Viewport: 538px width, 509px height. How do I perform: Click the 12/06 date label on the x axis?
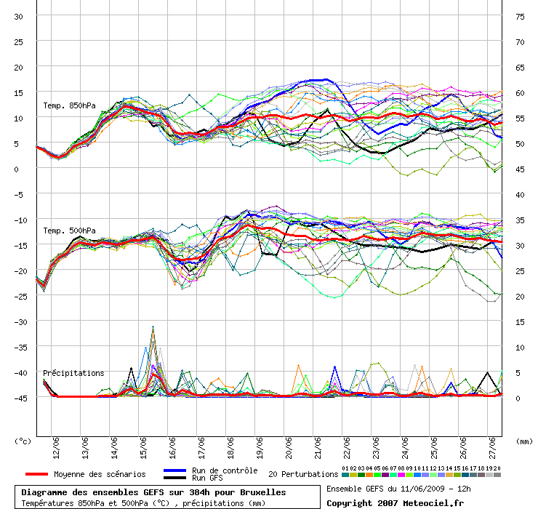56,448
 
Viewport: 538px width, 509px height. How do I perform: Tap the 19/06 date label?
260,448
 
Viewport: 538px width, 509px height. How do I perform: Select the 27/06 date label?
492,448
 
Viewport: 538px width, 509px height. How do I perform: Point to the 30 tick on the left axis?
18,17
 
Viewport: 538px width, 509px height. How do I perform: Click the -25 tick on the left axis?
20,296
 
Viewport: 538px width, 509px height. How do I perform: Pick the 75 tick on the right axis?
520,17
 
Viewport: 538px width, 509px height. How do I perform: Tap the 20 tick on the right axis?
520,296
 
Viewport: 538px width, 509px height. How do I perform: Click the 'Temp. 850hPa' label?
69,105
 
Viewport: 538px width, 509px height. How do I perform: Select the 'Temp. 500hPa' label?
69,231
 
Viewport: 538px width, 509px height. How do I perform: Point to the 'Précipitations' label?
73,373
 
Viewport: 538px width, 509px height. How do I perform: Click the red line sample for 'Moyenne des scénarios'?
36,474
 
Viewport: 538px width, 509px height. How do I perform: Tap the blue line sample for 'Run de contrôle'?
175,470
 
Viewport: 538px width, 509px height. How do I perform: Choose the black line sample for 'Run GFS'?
175,478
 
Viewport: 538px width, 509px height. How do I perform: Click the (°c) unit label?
23,441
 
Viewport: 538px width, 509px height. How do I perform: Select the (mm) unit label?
524,441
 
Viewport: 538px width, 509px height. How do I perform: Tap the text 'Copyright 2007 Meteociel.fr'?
395,503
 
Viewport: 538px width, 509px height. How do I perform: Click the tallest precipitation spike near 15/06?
153,326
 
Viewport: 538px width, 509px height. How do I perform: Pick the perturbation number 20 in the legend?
497,468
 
